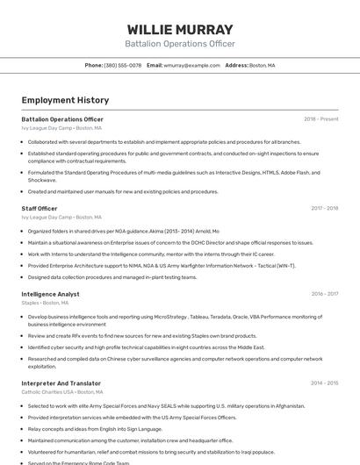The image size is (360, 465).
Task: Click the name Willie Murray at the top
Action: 180,29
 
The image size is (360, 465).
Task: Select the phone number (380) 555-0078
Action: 123,65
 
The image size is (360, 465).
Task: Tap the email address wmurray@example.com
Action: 191,65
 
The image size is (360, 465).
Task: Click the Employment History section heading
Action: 65,100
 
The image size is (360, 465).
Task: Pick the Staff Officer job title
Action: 40,208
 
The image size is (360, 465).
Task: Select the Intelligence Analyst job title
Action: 50,294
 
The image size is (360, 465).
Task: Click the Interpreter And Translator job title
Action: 61,383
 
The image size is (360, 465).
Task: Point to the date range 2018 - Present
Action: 320,118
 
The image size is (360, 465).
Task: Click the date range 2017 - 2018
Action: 324,208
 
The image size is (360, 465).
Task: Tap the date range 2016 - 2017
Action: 324,294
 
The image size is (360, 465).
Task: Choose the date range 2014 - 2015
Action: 324,383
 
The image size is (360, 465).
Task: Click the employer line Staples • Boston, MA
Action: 45,303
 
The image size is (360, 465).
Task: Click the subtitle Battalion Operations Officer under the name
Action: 180,44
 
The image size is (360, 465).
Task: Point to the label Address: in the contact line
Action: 236,65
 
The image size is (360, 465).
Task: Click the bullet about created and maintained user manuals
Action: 123,191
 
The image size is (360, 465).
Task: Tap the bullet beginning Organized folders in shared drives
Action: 123,231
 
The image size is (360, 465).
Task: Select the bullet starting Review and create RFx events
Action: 142,335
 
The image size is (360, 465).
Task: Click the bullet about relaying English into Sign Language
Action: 95,429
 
